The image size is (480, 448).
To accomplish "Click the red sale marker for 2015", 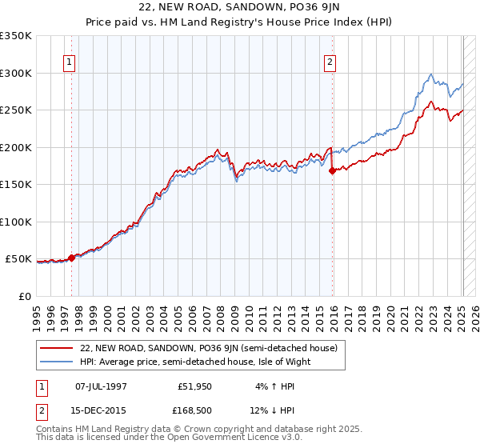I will click(x=333, y=170).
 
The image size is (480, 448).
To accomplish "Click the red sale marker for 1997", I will click(x=71, y=258).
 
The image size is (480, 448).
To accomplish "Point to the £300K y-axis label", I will click(x=15, y=73).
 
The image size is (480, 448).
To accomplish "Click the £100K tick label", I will click(x=15, y=222).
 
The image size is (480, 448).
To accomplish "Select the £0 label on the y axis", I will click(x=25, y=296).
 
